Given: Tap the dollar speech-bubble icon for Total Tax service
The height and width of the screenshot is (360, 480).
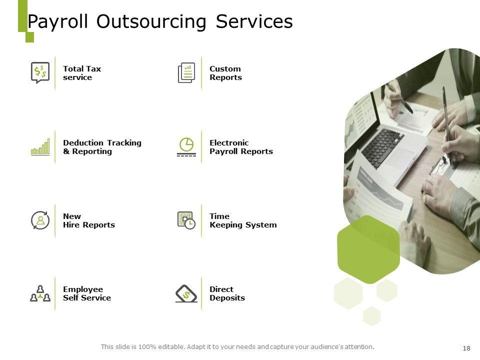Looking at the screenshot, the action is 39,73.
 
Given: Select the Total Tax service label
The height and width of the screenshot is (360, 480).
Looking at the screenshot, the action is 82,73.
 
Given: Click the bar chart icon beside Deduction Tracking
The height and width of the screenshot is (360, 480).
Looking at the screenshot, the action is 40,147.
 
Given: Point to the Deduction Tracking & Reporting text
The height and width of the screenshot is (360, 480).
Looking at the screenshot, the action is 102,147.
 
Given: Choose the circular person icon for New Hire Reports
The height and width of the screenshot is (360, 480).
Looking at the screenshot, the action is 40,220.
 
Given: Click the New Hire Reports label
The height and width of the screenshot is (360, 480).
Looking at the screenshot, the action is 88,220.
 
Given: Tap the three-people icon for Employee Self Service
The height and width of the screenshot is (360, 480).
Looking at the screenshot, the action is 40,293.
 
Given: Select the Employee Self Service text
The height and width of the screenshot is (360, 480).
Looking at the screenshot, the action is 86,293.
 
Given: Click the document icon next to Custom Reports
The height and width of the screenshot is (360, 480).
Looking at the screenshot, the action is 186,73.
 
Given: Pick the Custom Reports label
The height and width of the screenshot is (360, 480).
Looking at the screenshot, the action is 225,73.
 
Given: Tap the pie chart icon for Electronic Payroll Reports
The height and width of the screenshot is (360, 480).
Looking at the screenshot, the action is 186,146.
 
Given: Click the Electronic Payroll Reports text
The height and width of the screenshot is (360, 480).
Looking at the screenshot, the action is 241,147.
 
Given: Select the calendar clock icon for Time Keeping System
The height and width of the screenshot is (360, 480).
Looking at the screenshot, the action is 186,220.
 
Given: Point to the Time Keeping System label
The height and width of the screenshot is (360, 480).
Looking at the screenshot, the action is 242,220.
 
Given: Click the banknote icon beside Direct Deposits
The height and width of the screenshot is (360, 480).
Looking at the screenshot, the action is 186,293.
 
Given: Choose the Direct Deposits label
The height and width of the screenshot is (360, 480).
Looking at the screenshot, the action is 227,293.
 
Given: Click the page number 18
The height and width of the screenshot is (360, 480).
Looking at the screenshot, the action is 467,348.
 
